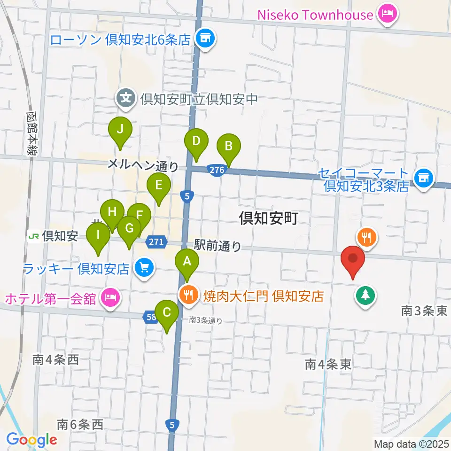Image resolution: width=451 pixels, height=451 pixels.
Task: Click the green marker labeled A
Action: click(x=187, y=262)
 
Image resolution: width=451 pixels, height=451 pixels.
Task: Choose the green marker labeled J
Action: click(x=120, y=130)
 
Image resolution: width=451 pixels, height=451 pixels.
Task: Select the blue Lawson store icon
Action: click(x=205, y=38)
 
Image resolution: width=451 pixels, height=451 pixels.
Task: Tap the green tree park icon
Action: click(x=365, y=295)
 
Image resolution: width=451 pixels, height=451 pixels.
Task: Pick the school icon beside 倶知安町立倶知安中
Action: click(x=125, y=99)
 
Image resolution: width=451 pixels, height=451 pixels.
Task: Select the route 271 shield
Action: click(x=157, y=242)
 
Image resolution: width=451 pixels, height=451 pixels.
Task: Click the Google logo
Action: click(x=31, y=440)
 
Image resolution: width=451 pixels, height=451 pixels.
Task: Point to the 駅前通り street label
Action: click(x=218, y=245)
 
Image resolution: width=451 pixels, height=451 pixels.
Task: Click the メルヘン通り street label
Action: click(x=143, y=164)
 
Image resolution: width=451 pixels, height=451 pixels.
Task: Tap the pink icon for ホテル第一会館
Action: click(x=110, y=297)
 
